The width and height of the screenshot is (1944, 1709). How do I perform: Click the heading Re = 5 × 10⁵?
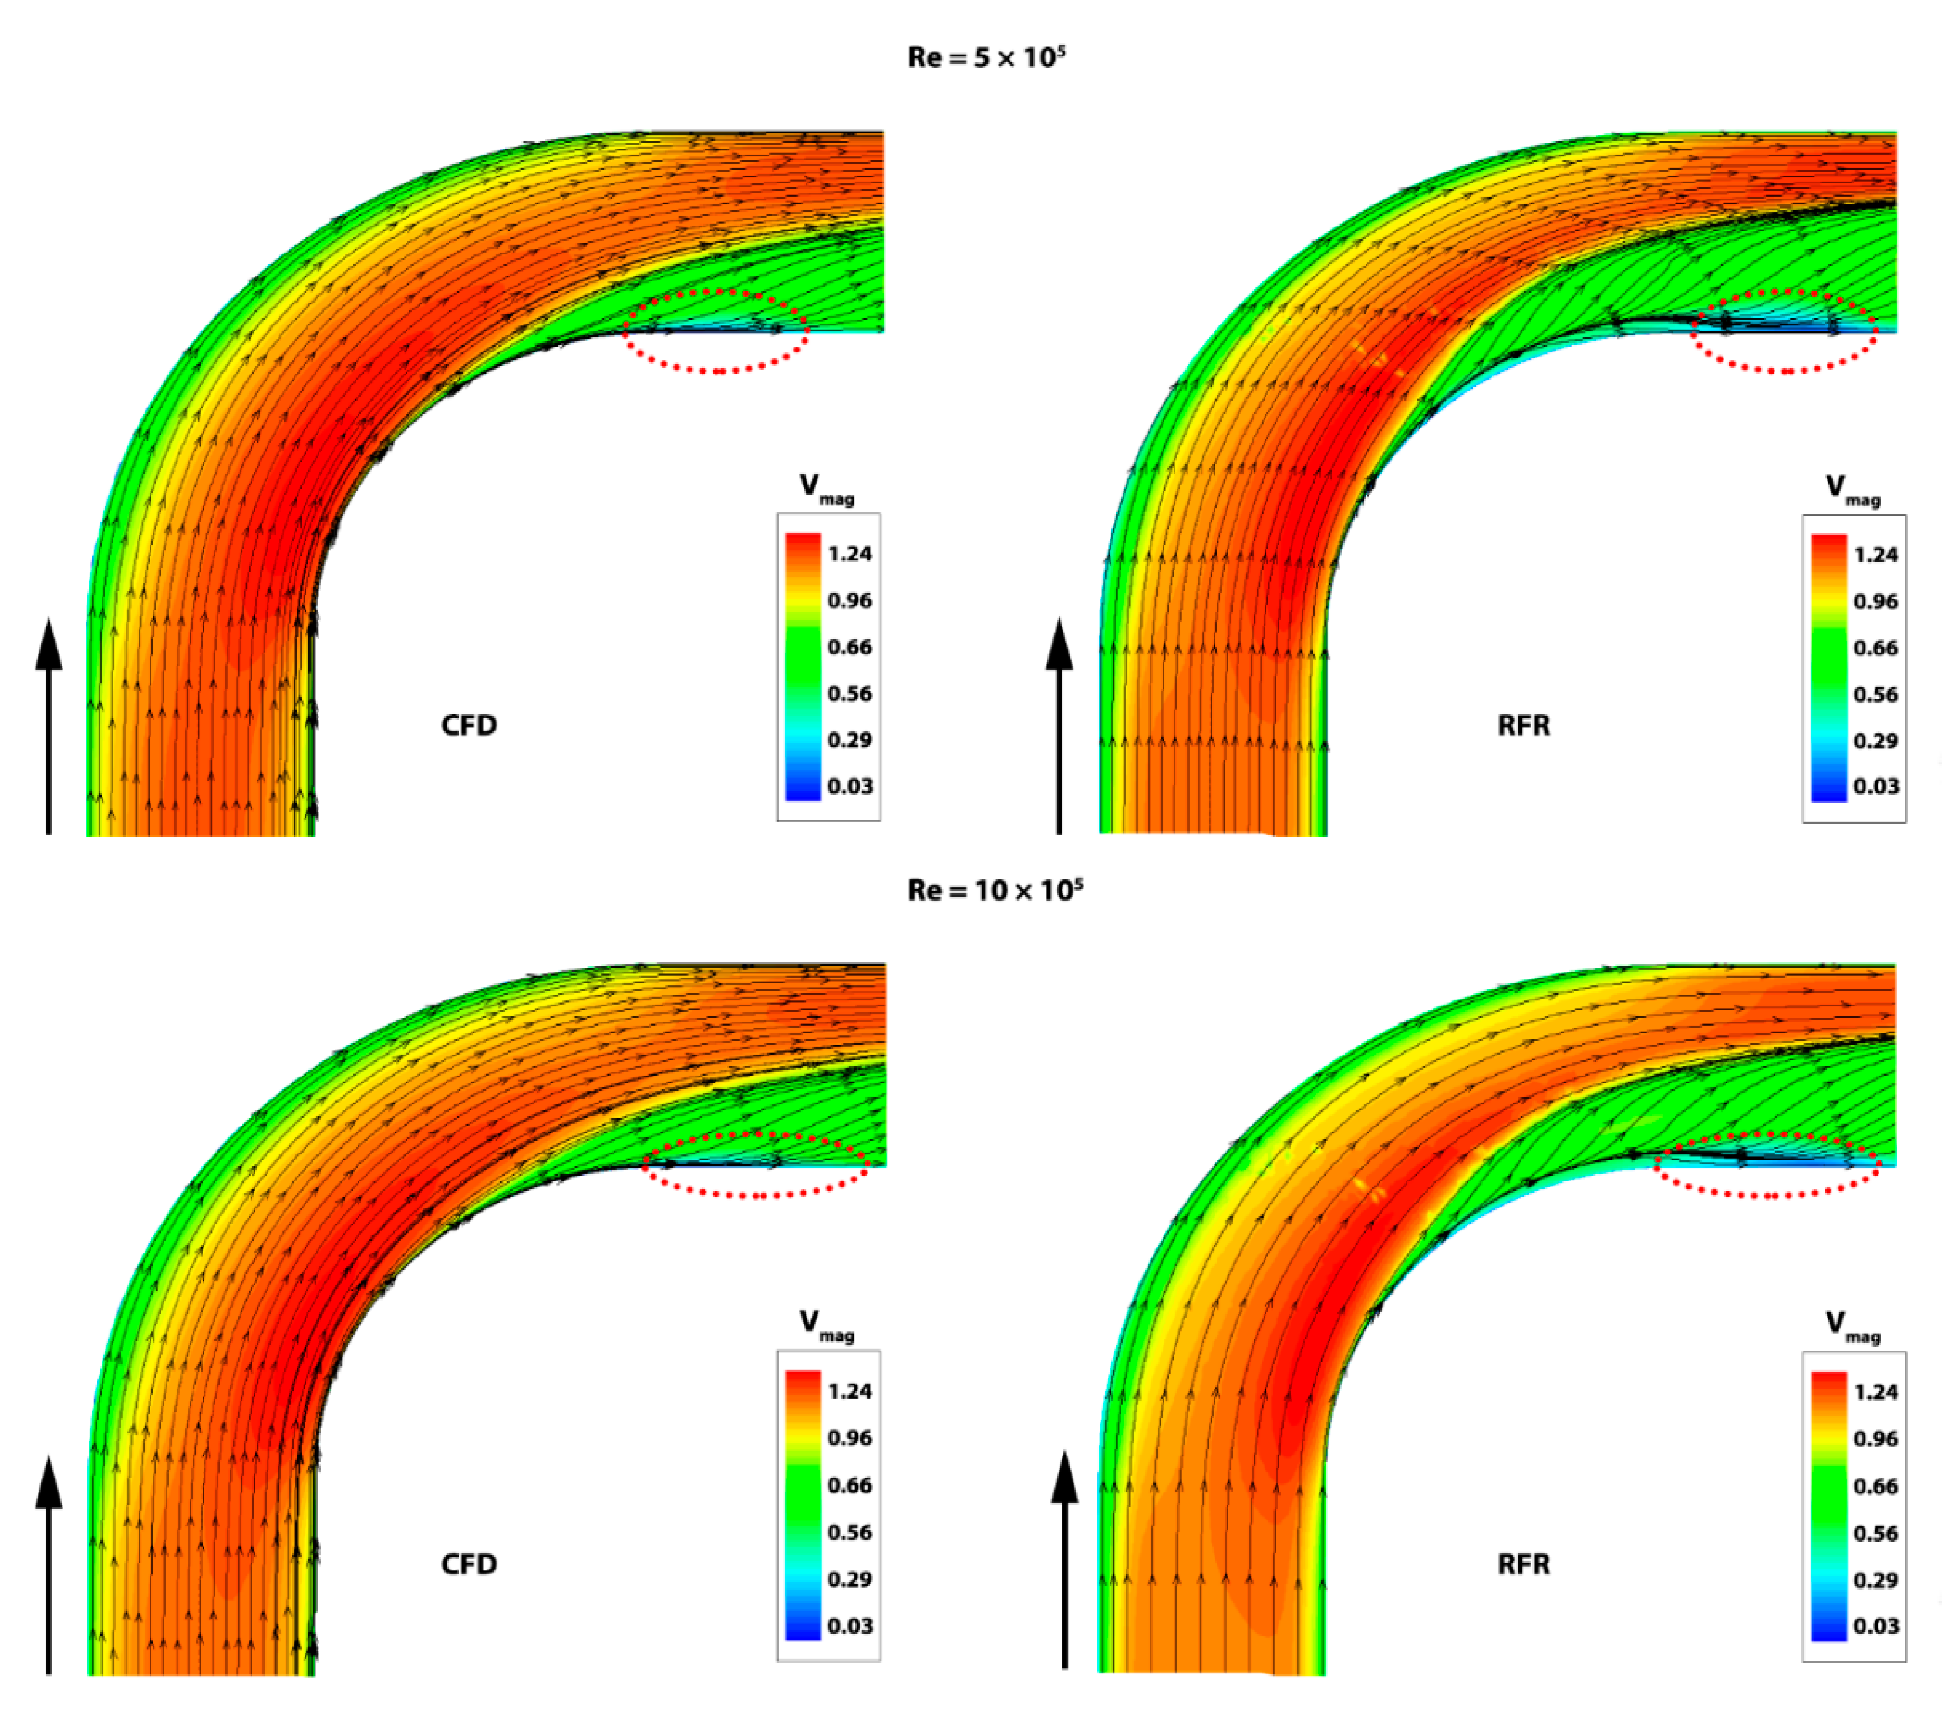pyautogui.click(x=986, y=57)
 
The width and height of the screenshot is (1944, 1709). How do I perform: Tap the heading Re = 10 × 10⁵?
pyautogui.click(x=995, y=889)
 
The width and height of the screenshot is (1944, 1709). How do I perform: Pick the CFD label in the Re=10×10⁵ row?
pyautogui.click(x=469, y=1564)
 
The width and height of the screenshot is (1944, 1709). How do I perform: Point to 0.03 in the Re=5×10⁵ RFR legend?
pyautogui.click(x=1875, y=786)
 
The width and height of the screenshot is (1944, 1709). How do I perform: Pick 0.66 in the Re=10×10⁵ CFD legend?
pyautogui.click(x=850, y=1485)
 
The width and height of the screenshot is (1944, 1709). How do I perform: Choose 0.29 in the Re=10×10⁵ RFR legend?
pyautogui.click(x=1875, y=1580)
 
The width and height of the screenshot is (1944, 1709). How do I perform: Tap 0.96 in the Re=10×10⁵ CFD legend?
pyautogui.click(x=850, y=1438)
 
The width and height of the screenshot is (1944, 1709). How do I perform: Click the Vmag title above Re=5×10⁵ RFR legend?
pyautogui.click(x=1852, y=489)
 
